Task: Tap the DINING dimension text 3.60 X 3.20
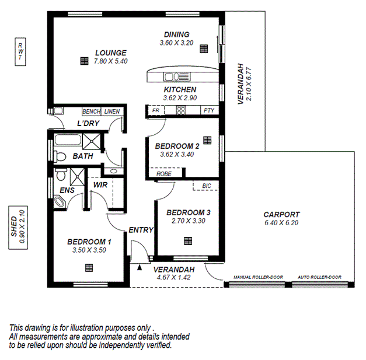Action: pyautogui.click(x=176, y=43)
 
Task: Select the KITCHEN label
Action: pyautogui.click(x=179, y=89)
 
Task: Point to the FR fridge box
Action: pyautogui.click(x=156, y=110)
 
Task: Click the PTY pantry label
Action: pyautogui.click(x=208, y=110)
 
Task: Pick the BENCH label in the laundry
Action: pyautogui.click(x=92, y=111)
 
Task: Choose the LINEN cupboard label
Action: pyautogui.click(x=112, y=111)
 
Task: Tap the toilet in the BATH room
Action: pyautogui.click(x=59, y=156)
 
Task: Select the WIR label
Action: pyautogui.click(x=100, y=184)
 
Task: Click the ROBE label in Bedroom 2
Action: pyautogui.click(x=163, y=173)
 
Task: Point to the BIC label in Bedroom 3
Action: pyautogui.click(x=207, y=186)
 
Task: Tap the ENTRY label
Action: pyautogui.click(x=141, y=230)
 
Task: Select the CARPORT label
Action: pyautogui.click(x=281, y=214)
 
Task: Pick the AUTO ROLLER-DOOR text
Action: pyautogui.click(x=320, y=277)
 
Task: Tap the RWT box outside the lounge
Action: pyautogui.click(x=20, y=52)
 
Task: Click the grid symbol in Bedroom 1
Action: pyautogui.click(x=89, y=267)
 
